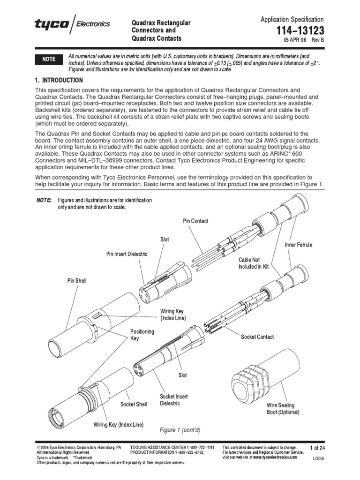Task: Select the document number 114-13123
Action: [300, 30]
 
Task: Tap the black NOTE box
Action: [49, 60]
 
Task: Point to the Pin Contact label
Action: [195, 221]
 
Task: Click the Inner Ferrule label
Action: [298, 245]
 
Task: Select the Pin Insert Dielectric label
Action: [127, 254]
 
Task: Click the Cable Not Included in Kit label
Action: [249, 263]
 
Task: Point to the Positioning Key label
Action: [142, 335]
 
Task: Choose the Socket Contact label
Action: [257, 337]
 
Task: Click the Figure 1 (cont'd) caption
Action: [180, 429]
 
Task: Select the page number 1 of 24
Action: [317, 448]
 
